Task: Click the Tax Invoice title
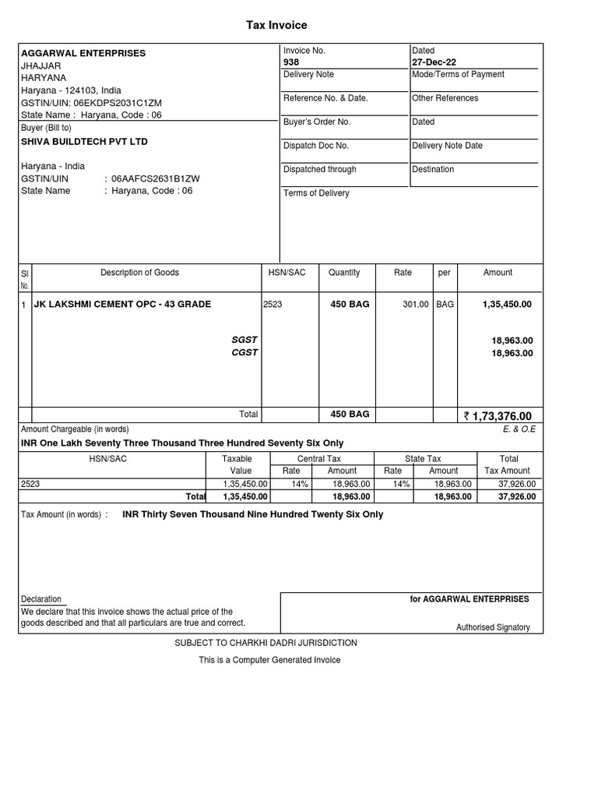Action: pos(276,26)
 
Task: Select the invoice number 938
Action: pos(291,62)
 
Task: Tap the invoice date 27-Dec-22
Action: pos(434,62)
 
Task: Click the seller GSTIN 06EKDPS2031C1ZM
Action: pos(118,103)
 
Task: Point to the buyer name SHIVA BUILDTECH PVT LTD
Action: pos(84,142)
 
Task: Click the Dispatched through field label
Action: pos(320,169)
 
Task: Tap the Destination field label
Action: pos(434,169)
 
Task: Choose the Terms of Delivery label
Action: pos(316,193)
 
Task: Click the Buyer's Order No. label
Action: pos(317,122)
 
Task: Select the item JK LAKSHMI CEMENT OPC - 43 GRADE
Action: pos(122,304)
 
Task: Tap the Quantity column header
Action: pos(344,273)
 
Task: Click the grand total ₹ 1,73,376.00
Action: pos(498,416)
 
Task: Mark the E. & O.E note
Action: pos(520,429)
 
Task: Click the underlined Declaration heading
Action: pos(41,599)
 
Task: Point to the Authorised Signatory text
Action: pos(493,627)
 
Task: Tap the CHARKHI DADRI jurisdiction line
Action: pos(266,643)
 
